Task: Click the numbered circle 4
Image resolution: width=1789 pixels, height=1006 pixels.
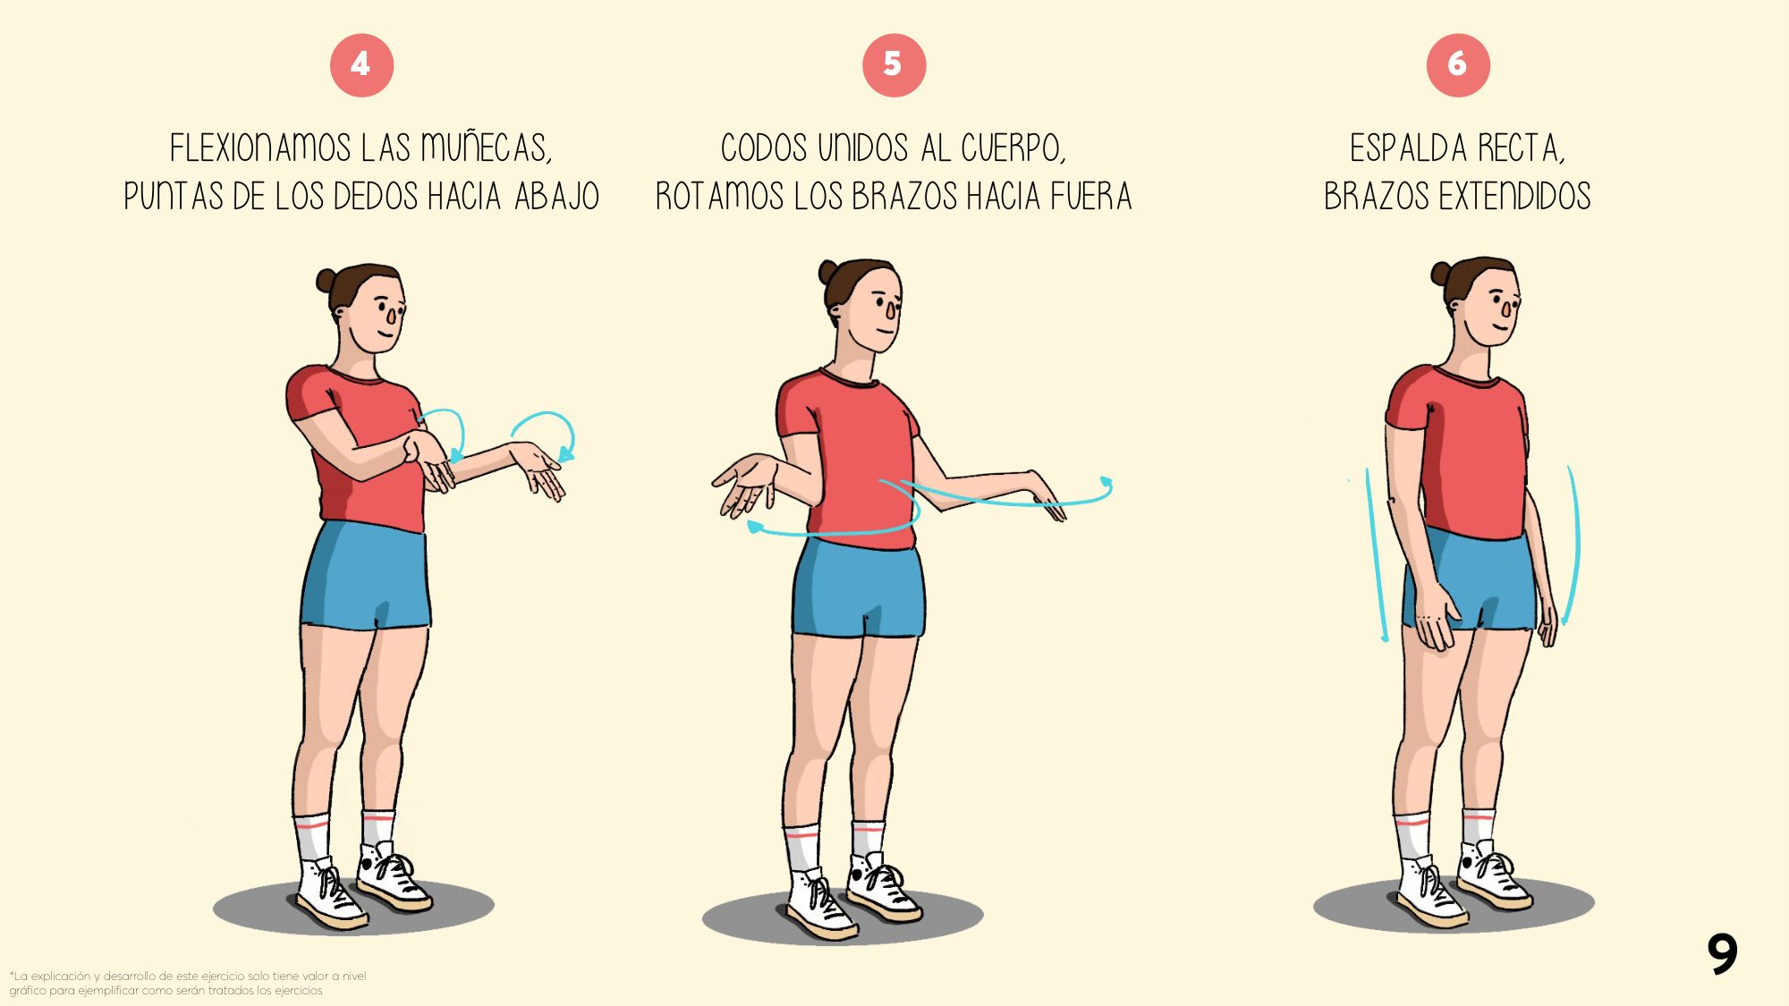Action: pos(361,64)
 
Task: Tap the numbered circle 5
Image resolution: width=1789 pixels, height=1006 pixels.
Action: pos(894,64)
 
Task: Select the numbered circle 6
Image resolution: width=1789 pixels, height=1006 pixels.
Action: pos(1458,64)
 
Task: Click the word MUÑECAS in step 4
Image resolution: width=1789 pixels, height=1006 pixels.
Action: pos(486,148)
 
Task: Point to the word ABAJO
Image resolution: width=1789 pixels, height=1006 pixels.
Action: pos(556,196)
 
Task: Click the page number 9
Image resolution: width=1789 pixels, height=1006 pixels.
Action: pos(1722,953)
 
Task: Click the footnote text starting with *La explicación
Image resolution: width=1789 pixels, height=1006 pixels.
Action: pos(188,983)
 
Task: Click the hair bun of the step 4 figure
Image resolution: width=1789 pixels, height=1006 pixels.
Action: pos(326,280)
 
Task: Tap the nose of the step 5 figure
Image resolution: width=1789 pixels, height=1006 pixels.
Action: pos(891,310)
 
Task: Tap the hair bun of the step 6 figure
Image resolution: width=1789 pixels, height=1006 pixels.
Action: pos(1440,273)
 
